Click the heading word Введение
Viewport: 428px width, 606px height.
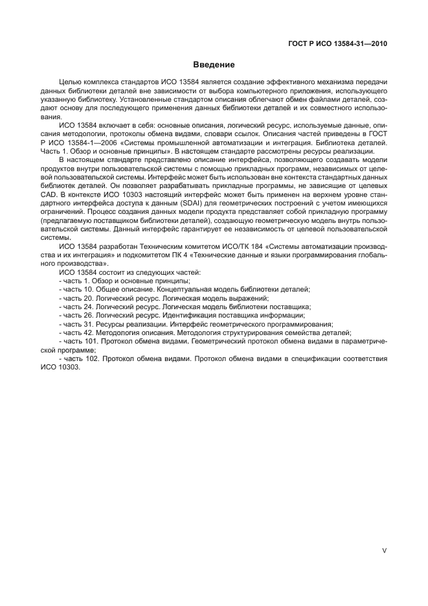tap(214, 65)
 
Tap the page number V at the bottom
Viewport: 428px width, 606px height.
tap(385, 550)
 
